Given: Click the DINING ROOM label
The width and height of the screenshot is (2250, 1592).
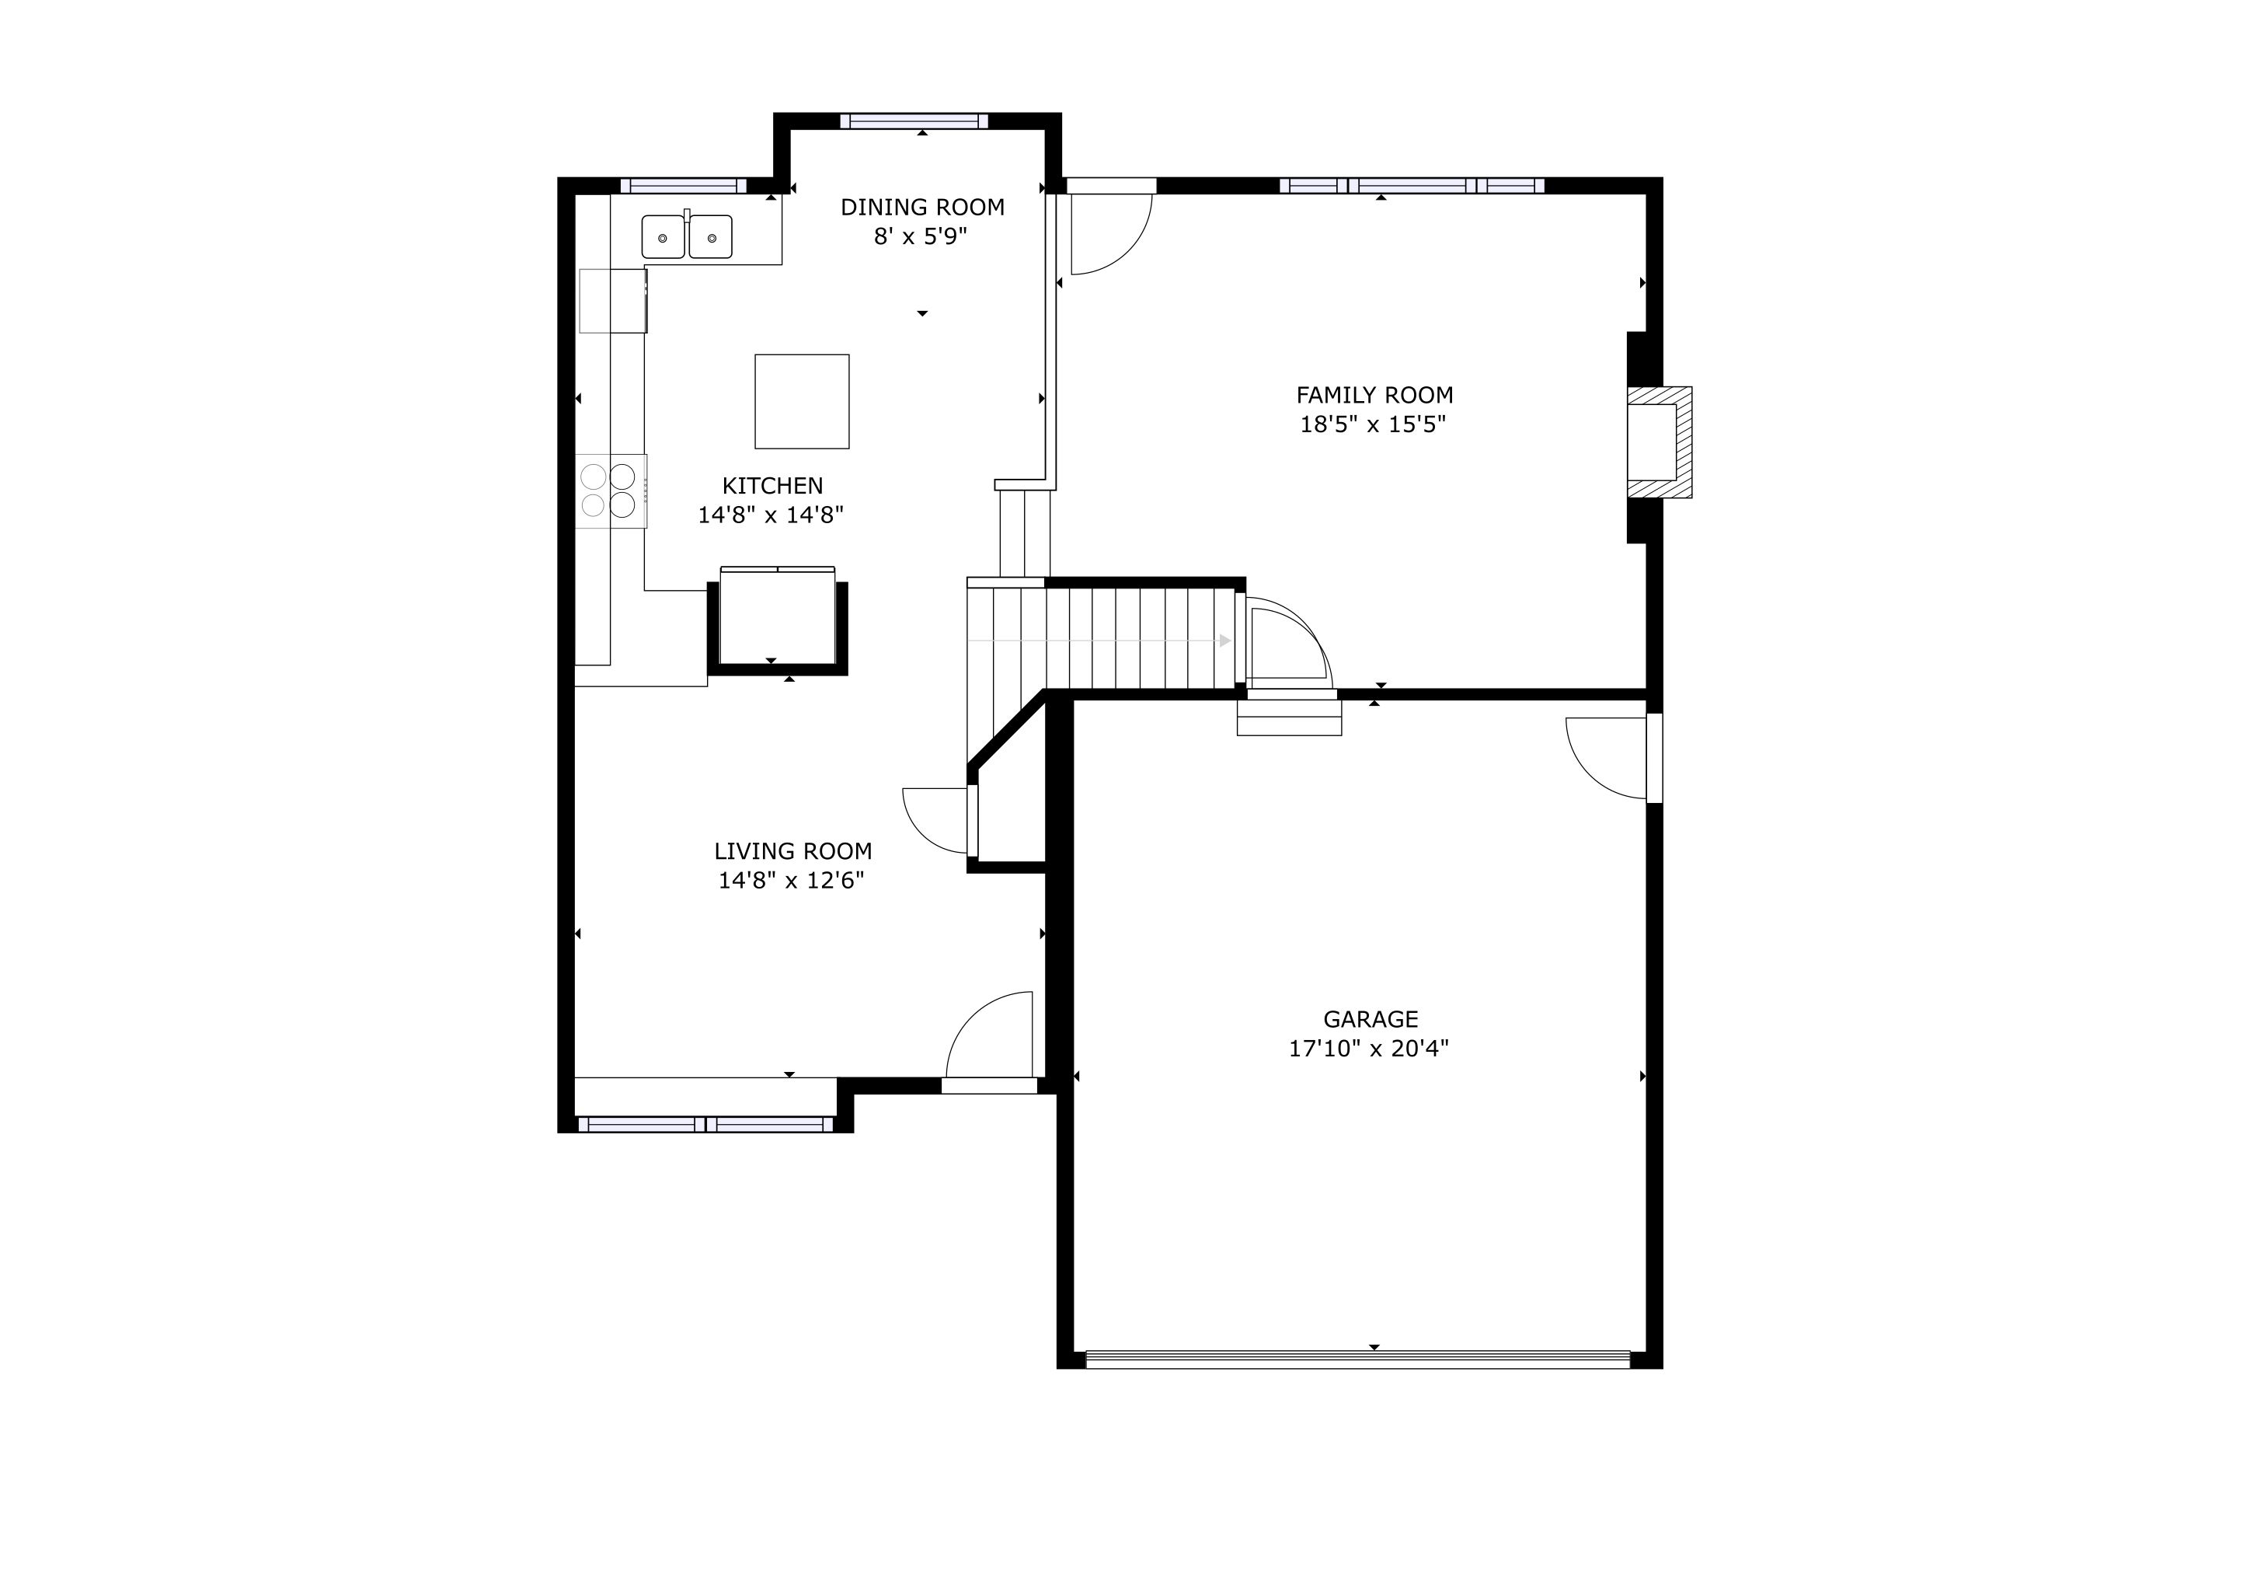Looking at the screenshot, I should pos(922,208).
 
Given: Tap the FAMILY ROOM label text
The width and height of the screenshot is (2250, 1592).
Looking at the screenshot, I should pos(1374,396).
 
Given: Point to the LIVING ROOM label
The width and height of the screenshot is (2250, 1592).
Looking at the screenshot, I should pos(792,852).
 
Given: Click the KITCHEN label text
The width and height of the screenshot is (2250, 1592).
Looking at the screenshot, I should pos(772,486).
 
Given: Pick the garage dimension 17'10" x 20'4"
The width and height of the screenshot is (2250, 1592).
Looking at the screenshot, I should pos(1368,1049).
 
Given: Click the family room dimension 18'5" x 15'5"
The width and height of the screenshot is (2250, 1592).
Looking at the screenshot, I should pos(1373,425).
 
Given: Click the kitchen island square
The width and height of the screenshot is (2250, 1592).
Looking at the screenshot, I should pos(802,402).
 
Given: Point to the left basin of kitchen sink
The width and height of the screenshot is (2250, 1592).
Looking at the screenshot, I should pos(664,237).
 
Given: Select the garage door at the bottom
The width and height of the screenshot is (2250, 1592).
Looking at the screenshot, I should pos(1357,1360).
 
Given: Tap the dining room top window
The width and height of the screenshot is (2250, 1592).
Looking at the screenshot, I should pos(914,121).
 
